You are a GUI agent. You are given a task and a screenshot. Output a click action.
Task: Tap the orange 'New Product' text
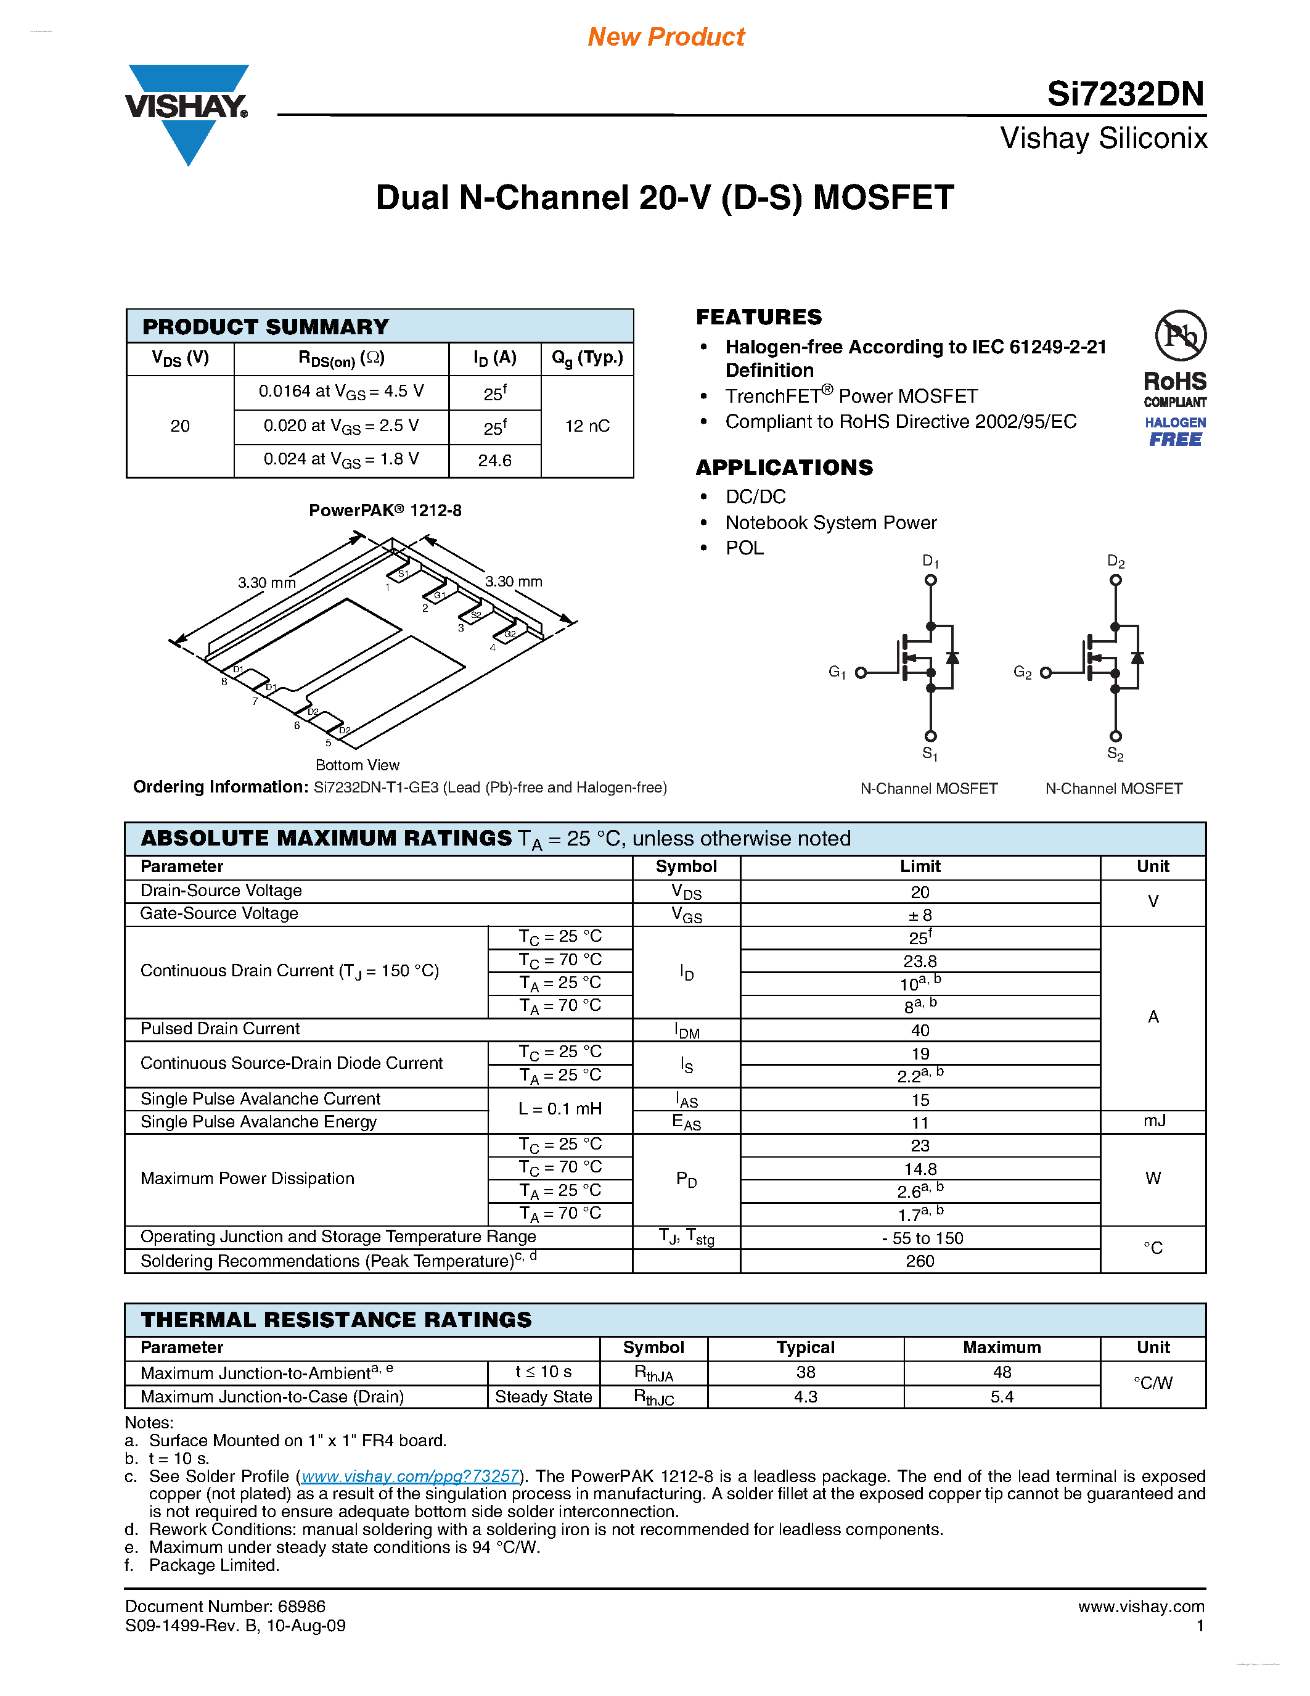[666, 36]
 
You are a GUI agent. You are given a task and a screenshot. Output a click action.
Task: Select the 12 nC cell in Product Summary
[587, 426]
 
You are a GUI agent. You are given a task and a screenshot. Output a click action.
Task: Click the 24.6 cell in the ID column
[494, 461]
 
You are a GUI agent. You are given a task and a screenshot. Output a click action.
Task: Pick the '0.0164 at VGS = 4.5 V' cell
[342, 392]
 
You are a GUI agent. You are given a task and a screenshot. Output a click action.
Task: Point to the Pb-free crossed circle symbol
[1180, 336]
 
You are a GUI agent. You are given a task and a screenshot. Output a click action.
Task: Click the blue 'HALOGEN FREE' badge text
[1175, 432]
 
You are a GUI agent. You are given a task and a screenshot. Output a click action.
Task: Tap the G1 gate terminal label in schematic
[837, 672]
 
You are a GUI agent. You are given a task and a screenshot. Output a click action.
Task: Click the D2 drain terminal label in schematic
[1115, 561]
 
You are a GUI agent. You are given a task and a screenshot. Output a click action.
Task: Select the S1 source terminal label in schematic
[930, 753]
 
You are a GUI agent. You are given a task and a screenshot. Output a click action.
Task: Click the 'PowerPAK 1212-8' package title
[385, 510]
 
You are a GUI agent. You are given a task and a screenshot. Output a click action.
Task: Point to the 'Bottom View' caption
[357, 765]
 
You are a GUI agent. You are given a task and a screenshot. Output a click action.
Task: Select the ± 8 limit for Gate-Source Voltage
[920, 915]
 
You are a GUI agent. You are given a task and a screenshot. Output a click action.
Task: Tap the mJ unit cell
[1153, 1121]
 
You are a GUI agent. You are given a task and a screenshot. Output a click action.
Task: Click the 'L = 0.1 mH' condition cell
[560, 1109]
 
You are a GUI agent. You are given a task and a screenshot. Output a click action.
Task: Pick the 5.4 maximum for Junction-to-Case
[1001, 1396]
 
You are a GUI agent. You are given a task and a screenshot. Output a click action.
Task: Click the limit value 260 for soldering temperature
[920, 1261]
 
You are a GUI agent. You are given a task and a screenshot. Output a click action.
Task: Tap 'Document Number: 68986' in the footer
[225, 1606]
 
